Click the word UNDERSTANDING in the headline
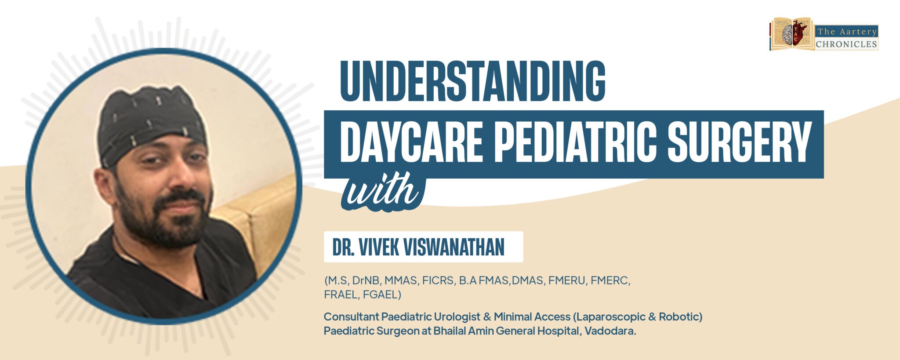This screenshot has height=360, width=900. tap(472, 81)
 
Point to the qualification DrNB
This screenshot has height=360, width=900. tap(366, 281)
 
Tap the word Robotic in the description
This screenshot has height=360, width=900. tap(680, 317)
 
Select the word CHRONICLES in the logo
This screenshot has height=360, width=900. tap(846, 44)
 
